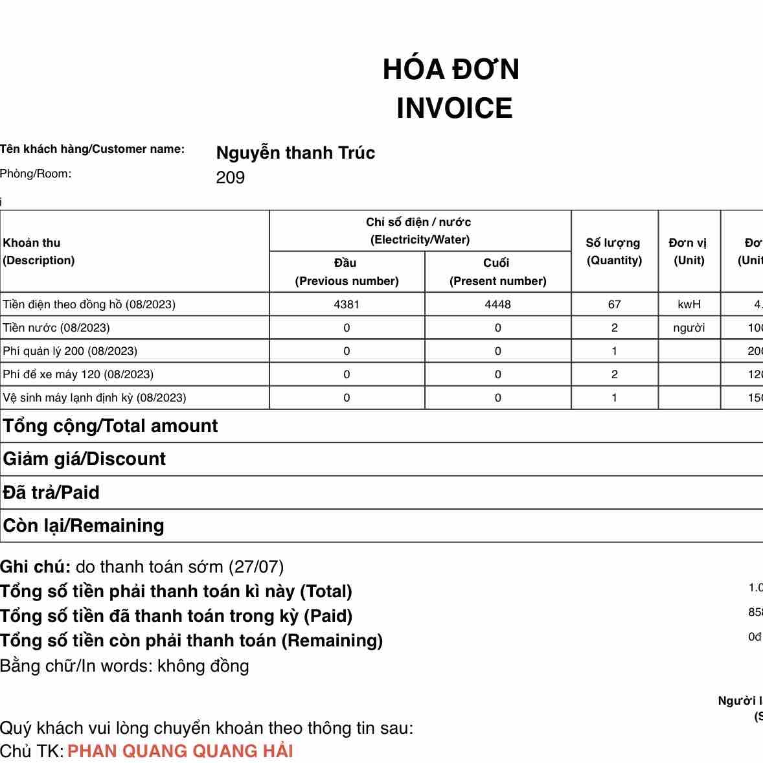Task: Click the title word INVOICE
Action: coord(454,108)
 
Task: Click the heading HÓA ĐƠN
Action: coord(451,69)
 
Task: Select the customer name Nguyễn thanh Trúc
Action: coord(295,153)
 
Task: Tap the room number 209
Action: coord(230,177)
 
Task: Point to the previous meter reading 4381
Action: coord(347,304)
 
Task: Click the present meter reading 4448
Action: coord(497,304)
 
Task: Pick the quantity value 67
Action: coord(614,304)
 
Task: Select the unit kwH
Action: coord(689,304)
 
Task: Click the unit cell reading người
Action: coord(689,328)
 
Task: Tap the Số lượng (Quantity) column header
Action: coord(613,251)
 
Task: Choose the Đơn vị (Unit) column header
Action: coord(689,251)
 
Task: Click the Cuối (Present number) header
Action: coord(497,271)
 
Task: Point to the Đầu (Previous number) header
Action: coord(347,271)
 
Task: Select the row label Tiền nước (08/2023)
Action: coord(56,328)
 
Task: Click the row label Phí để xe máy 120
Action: coord(78,374)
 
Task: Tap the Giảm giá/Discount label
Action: coord(84,459)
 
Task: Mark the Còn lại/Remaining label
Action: coord(84,525)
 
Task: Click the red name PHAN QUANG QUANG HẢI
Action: coord(180,751)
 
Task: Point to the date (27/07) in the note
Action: coord(256,567)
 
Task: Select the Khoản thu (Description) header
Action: coord(39,251)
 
